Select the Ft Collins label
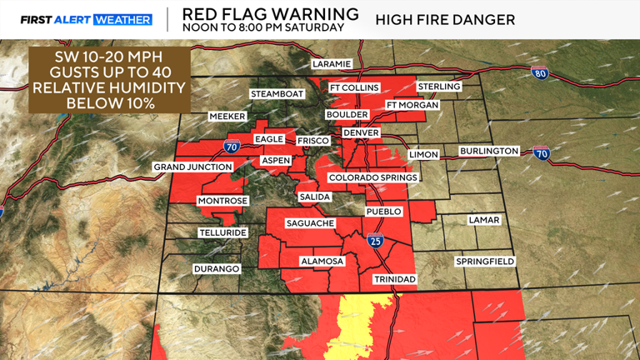tap(354, 87)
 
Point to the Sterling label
tap(439, 87)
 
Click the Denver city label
tap(361, 132)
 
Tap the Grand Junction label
tap(192, 167)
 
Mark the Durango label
tap(217, 269)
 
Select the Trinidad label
tap(394, 278)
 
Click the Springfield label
tap(485, 262)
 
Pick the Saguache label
tap(310, 223)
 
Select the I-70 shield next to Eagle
tap(230, 147)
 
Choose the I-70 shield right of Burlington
tap(541, 153)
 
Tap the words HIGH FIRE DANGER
tap(444, 19)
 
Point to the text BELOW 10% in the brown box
tap(109, 102)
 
